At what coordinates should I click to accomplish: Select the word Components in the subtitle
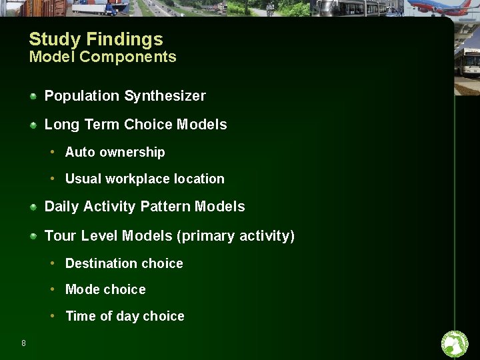coord(127,57)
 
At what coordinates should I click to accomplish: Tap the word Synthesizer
coord(165,96)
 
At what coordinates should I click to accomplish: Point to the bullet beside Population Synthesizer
coord(33,96)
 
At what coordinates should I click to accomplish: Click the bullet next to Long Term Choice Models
coord(33,125)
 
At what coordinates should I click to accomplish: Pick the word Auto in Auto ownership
coord(80,152)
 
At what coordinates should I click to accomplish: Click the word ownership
coord(132,153)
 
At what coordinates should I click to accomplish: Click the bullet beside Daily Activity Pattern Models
coord(33,207)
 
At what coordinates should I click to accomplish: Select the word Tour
coord(60,236)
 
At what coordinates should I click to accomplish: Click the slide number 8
coord(24,343)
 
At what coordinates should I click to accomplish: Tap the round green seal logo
coord(455,344)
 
